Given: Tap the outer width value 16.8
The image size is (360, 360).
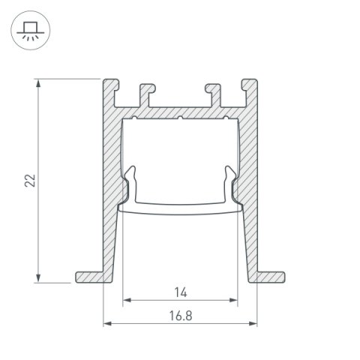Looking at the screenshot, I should [180, 315].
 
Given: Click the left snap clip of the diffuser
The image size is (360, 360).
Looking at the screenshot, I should [131, 184].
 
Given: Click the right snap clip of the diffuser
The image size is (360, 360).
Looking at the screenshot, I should [229, 184].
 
